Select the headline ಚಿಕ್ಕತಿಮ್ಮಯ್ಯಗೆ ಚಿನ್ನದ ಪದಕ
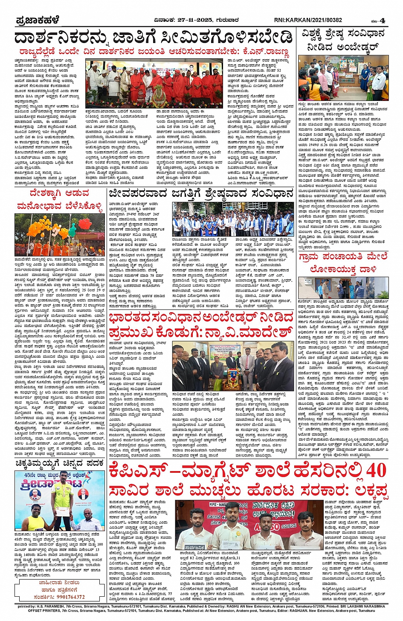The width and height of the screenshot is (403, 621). coord(60,463)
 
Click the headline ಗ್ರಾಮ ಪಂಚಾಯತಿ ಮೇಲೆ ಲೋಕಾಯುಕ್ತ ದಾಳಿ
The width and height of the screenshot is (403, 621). coord(343,263)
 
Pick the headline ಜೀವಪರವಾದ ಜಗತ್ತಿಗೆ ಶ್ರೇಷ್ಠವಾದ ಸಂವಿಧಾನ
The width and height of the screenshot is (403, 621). coord(201,193)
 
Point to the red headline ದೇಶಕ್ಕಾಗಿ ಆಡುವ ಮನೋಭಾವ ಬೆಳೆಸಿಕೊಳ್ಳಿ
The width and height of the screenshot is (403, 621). coord(60,200)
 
